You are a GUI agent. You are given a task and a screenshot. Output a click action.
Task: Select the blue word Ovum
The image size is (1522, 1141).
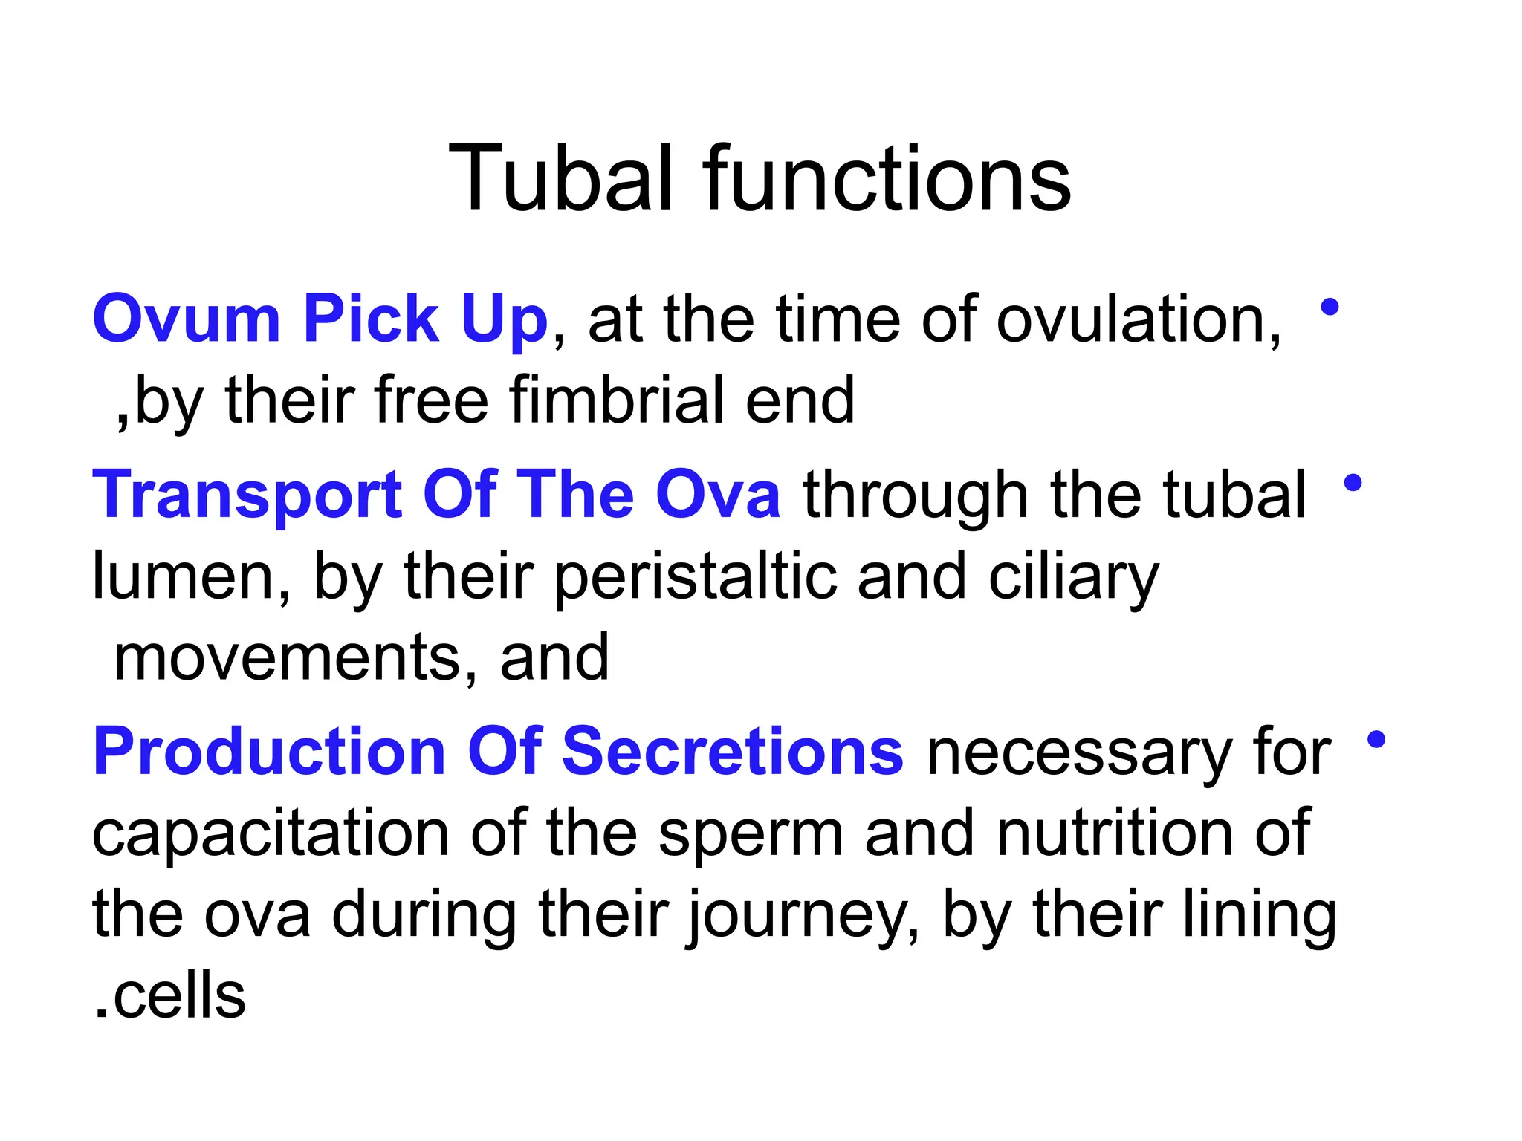pyautogui.click(x=186, y=319)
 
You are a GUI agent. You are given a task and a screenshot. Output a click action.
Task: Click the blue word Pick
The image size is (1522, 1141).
pyautogui.click(x=371, y=319)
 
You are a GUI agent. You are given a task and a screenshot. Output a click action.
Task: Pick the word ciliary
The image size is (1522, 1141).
pyautogui.click(x=1073, y=577)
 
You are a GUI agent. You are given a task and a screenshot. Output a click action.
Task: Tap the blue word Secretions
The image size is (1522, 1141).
pyautogui.click(x=732, y=752)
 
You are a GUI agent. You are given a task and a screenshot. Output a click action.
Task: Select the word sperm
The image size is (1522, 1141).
pyautogui.click(x=751, y=833)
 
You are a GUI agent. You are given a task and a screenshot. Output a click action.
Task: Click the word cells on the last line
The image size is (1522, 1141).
pyautogui.click(x=178, y=996)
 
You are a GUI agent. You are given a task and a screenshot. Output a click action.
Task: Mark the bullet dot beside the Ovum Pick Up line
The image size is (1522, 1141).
pyautogui.click(x=1330, y=307)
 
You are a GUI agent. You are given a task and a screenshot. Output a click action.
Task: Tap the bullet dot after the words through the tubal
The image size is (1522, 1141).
pyautogui.click(x=1353, y=483)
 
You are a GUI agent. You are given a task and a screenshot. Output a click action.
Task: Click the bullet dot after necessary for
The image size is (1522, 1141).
pyautogui.click(x=1376, y=739)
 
